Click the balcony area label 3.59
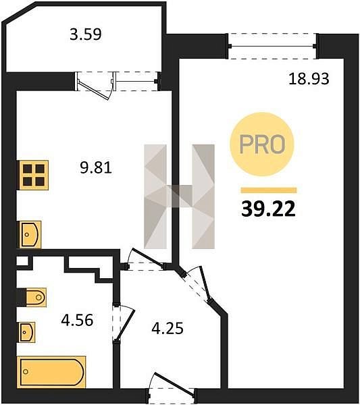(86, 34)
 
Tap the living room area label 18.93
(309, 79)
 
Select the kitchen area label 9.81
(96, 167)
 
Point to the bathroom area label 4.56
(77, 320)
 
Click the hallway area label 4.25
(168, 328)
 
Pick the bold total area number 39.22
(268, 209)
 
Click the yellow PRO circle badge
(262, 144)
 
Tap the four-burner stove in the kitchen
(33, 175)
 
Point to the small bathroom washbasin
(26, 332)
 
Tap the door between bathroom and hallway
(124, 323)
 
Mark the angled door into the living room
(197, 285)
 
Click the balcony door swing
(95, 86)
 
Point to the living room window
(272, 46)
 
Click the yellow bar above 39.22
(269, 190)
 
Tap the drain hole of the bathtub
(25, 372)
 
